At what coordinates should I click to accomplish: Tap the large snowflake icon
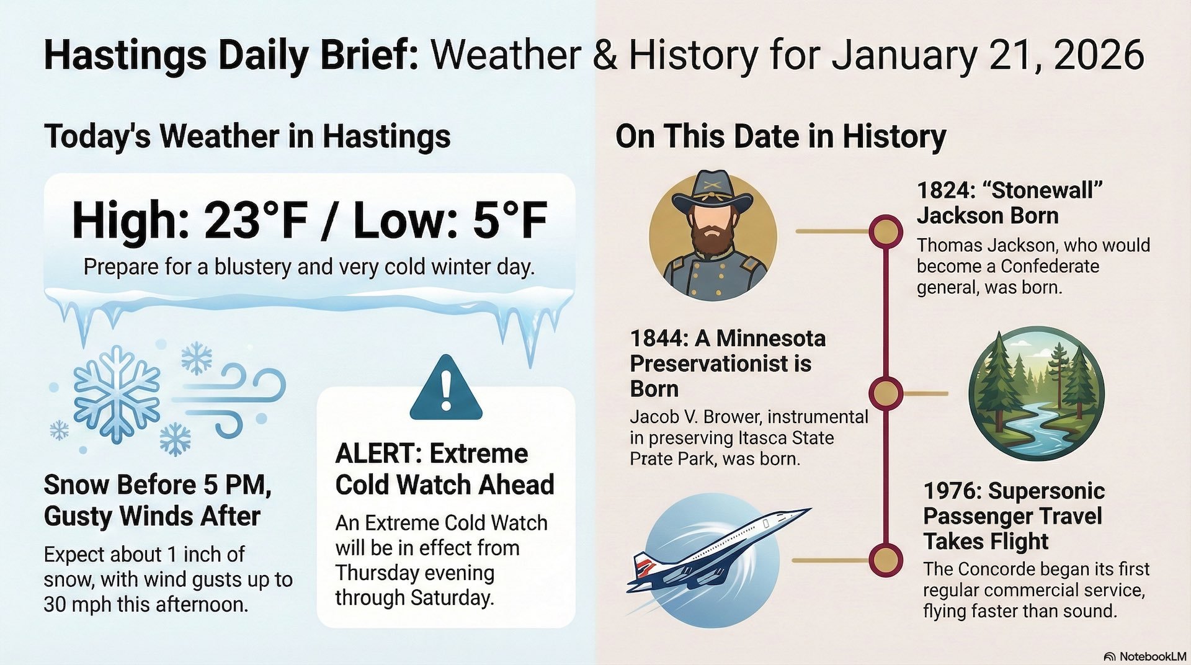click(x=116, y=393)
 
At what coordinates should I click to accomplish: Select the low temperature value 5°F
click(x=510, y=221)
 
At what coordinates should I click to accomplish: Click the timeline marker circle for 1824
click(x=885, y=231)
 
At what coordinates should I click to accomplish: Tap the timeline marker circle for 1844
click(x=885, y=393)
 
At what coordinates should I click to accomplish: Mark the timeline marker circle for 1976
click(x=885, y=560)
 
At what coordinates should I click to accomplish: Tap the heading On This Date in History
click(x=780, y=136)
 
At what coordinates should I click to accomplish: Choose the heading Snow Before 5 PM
click(x=158, y=485)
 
